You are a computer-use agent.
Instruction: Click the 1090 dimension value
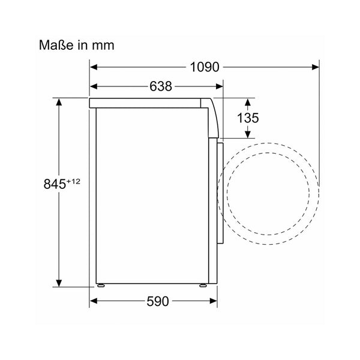click(x=205, y=67)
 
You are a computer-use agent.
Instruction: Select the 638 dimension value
click(x=161, y=86)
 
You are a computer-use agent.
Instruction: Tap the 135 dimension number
click(x=248, y=118)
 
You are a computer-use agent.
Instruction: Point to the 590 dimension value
click(x=158, y=301)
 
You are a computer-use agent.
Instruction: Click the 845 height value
click(x=55, y=184)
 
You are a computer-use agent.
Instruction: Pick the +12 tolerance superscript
click(x=73, y=182)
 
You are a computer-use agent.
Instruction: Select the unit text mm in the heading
click(x=103, y=46)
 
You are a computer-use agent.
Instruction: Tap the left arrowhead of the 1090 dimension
click(x=94, y=67)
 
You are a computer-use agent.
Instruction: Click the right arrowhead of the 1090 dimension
click(x=316, y=67)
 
